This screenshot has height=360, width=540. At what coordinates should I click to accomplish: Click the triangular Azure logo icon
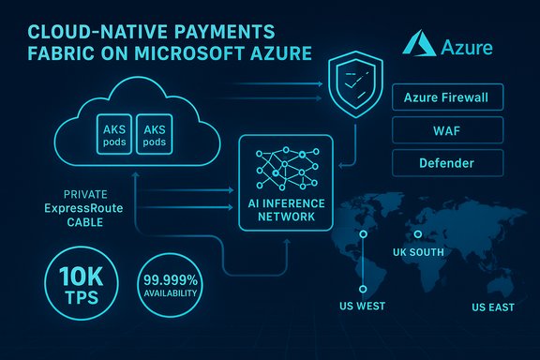417,45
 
